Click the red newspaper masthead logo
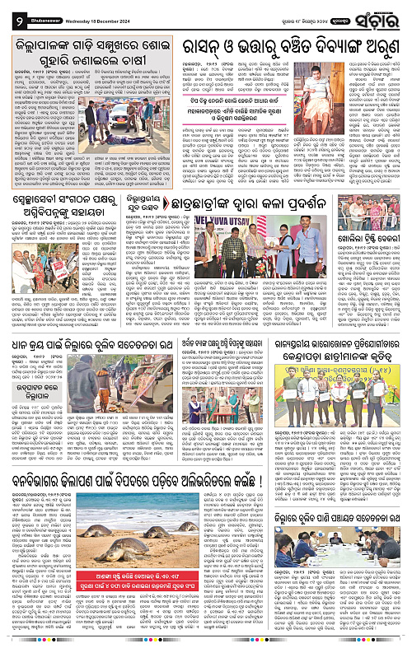383,13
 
